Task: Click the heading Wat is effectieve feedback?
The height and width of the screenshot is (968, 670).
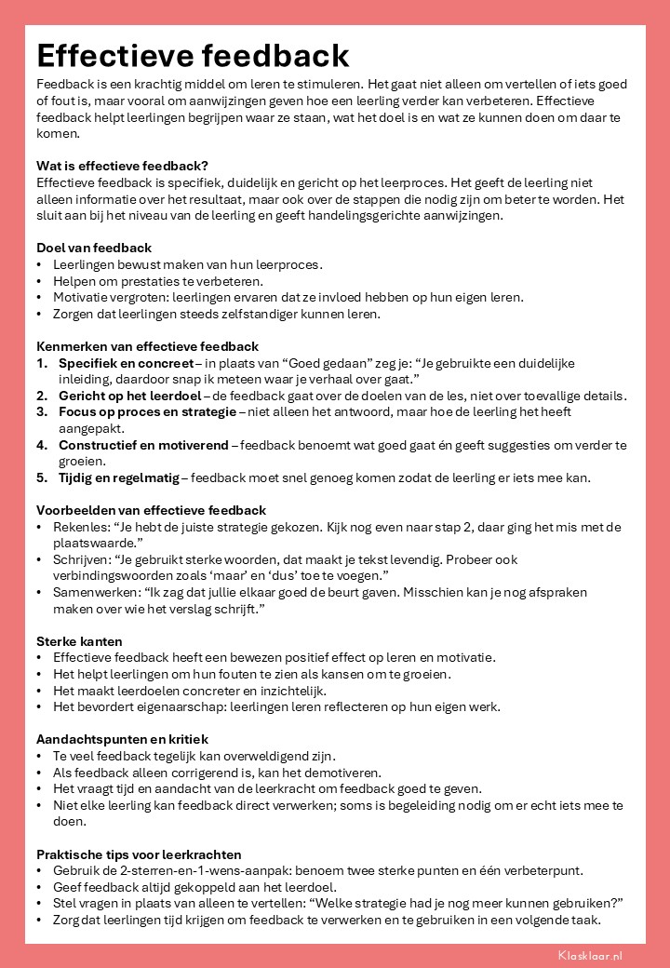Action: point(122,166)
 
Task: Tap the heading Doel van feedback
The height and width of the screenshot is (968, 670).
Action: point(94,248)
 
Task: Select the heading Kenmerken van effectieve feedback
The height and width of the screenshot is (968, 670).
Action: point(147,346)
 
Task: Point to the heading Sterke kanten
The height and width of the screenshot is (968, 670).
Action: point(79,641)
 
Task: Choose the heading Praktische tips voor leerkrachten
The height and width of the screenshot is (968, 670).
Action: point(139,854)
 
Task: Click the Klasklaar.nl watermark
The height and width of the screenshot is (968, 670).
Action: point(590,955)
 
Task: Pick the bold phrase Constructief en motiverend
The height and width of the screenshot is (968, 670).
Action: point(143,445)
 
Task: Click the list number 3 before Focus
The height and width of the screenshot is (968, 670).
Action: point(42,412)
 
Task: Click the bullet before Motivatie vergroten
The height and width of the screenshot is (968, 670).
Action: point(40,297)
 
